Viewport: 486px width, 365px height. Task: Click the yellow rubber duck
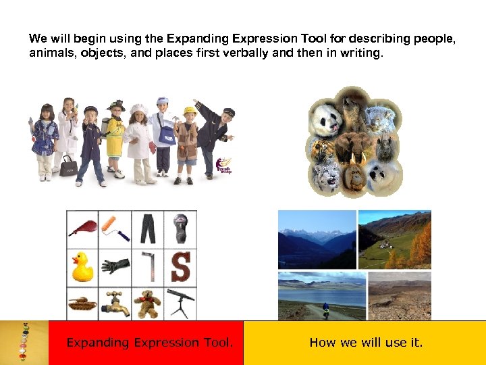tap(83, 266)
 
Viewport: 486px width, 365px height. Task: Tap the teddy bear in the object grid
tap(147, 303)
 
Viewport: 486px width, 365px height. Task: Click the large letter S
tap(180, 266)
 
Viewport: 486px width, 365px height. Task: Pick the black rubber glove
tap(115, 266)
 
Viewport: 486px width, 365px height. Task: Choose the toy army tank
tap(82, 303)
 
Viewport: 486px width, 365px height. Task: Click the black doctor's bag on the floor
tap(67, 166)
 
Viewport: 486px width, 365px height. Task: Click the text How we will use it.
tap(366, 343)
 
